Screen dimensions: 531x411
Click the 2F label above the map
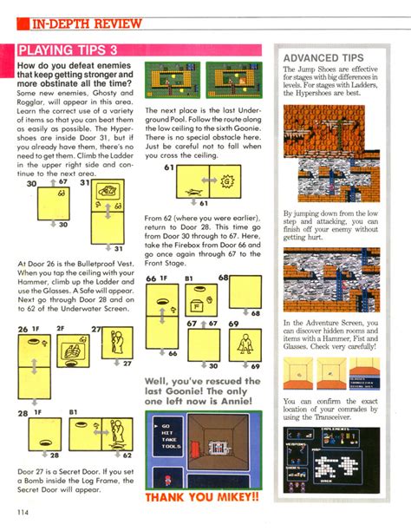(x=60, y=330)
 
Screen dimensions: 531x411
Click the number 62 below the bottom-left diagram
(x=128, y=455)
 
